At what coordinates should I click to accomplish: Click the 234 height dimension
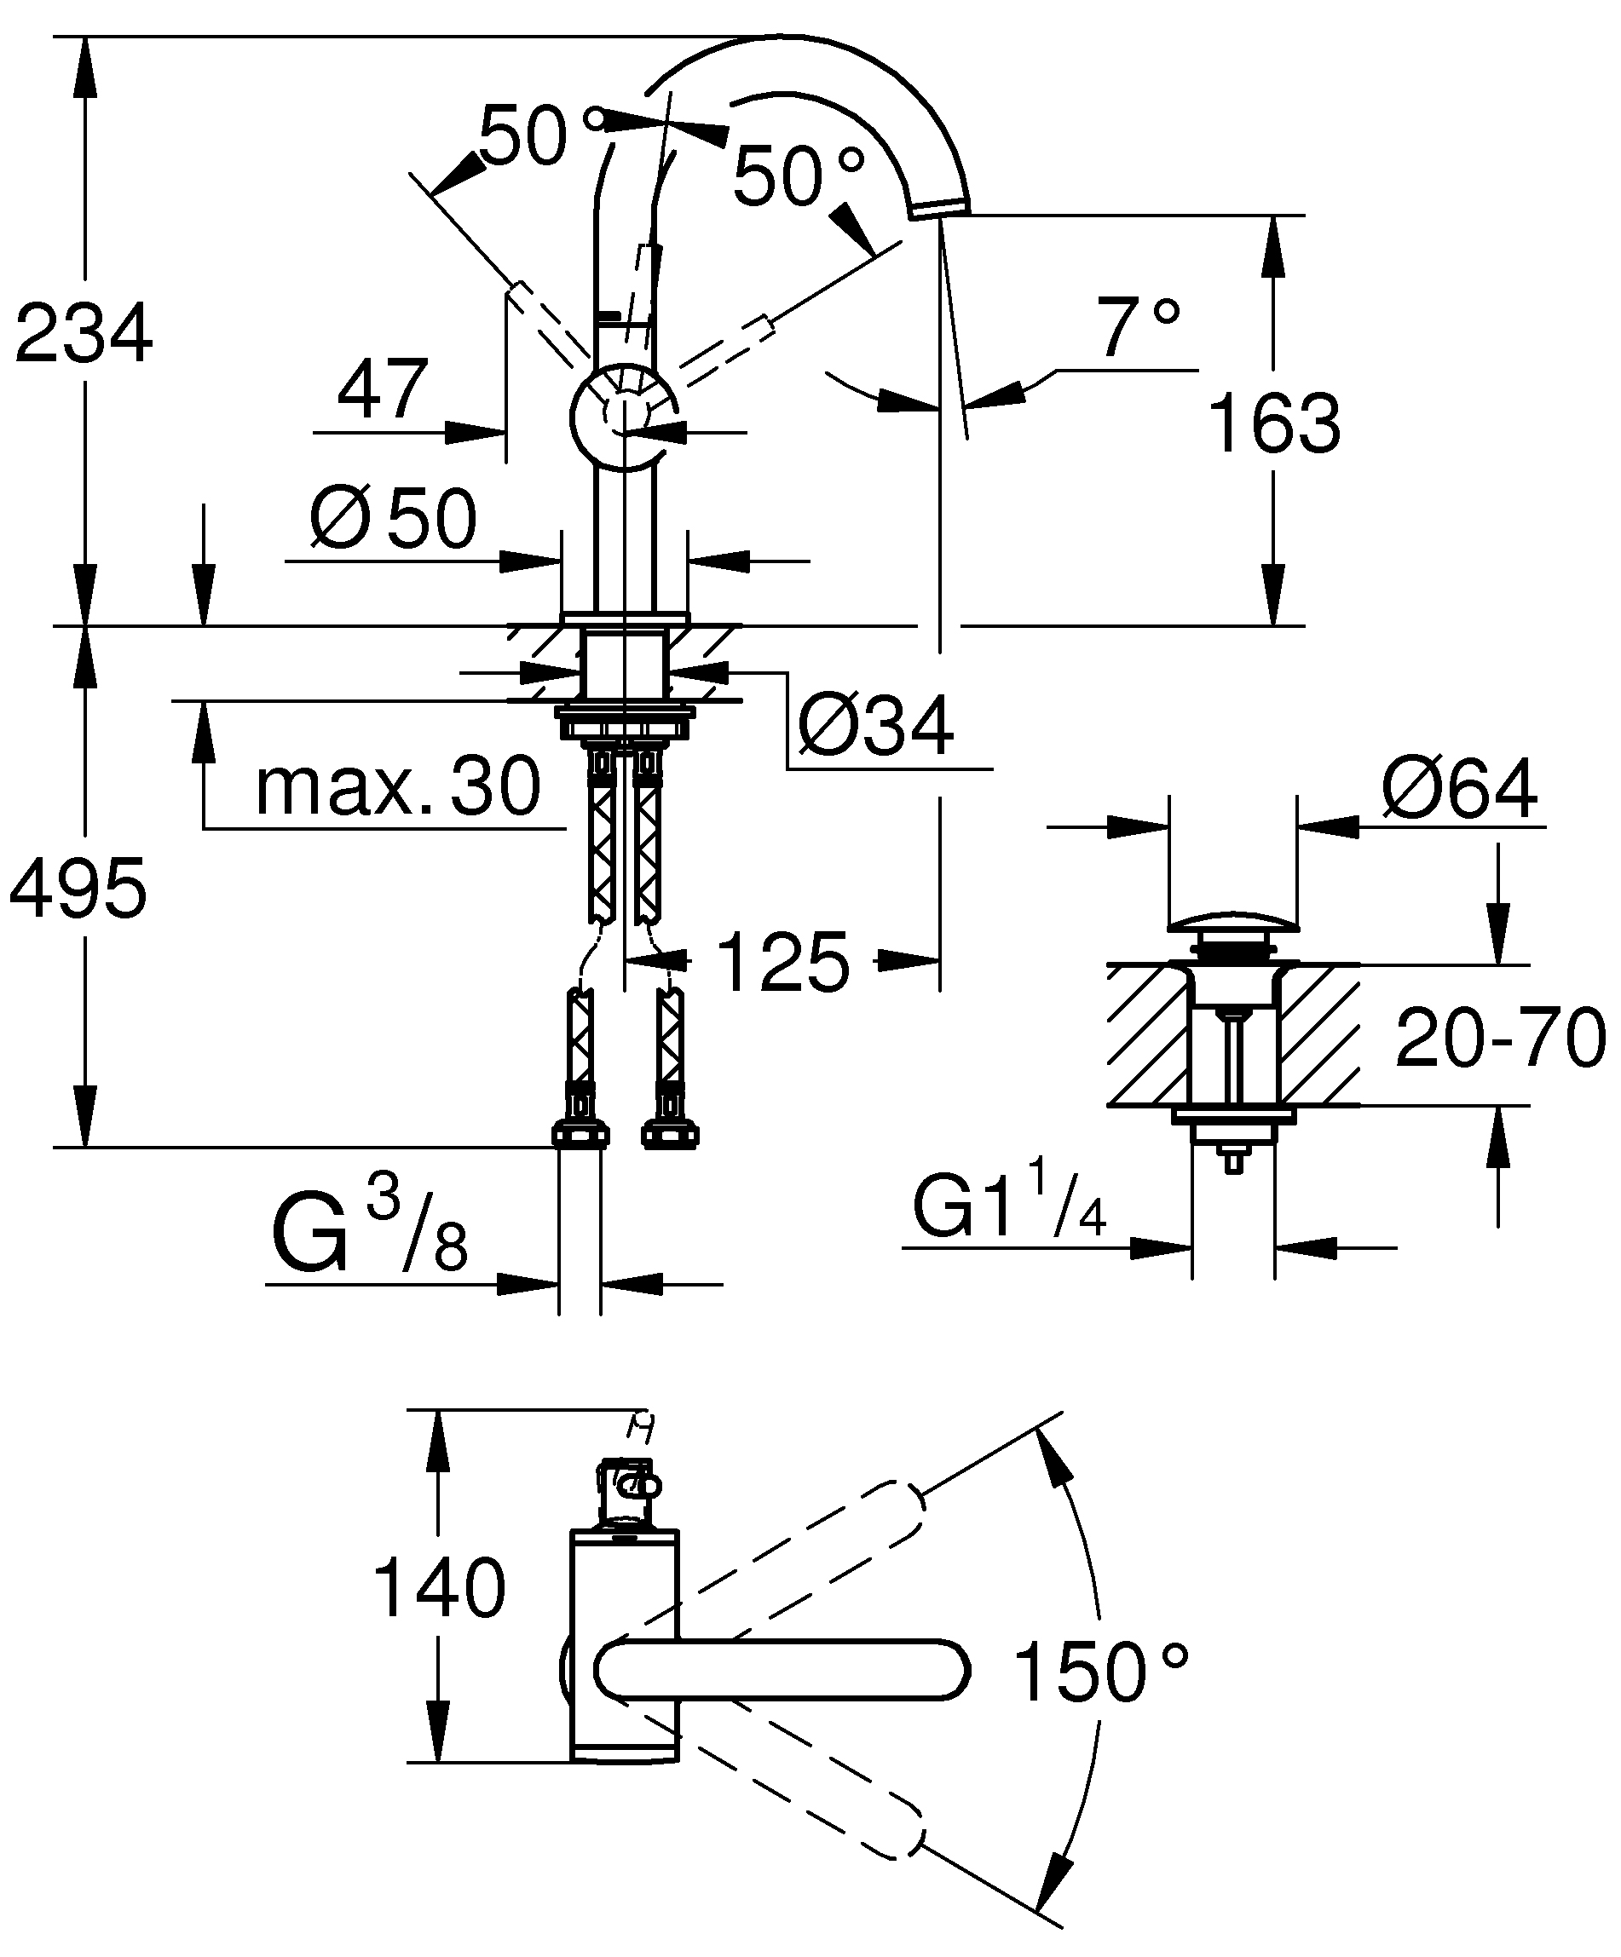(84, 332)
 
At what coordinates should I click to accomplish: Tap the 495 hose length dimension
(78, 887)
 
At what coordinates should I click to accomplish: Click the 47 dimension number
(382, 388)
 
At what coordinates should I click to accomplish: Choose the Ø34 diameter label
(876, 724)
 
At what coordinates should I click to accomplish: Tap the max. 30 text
(398, 786)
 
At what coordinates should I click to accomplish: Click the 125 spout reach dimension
(783, 962)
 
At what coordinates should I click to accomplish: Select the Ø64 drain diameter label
(1460, 788)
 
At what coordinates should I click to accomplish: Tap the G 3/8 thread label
(369, 1232)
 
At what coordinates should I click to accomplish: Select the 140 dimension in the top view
(439, 1588)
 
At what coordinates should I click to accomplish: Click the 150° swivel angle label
(1101, 1672)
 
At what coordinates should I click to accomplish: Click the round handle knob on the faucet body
(622, 416)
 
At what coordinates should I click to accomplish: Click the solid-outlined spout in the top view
(782, 1670)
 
